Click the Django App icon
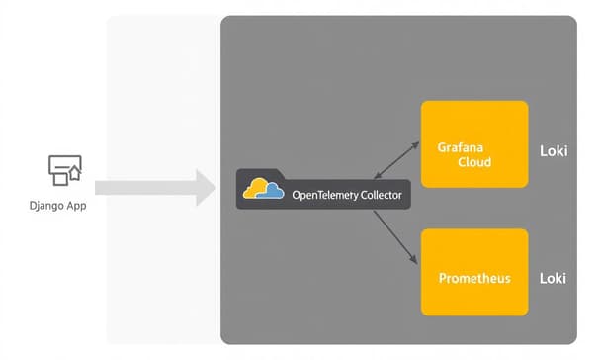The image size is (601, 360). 65,170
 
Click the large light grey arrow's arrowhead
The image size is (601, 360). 206,188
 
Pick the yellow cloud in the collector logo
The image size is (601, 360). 257,187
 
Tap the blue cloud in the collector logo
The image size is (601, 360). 272,192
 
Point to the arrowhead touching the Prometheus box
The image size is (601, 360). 412,261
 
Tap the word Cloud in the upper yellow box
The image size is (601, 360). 474,162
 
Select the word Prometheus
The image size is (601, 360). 474,278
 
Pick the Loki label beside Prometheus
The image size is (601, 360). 552,278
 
